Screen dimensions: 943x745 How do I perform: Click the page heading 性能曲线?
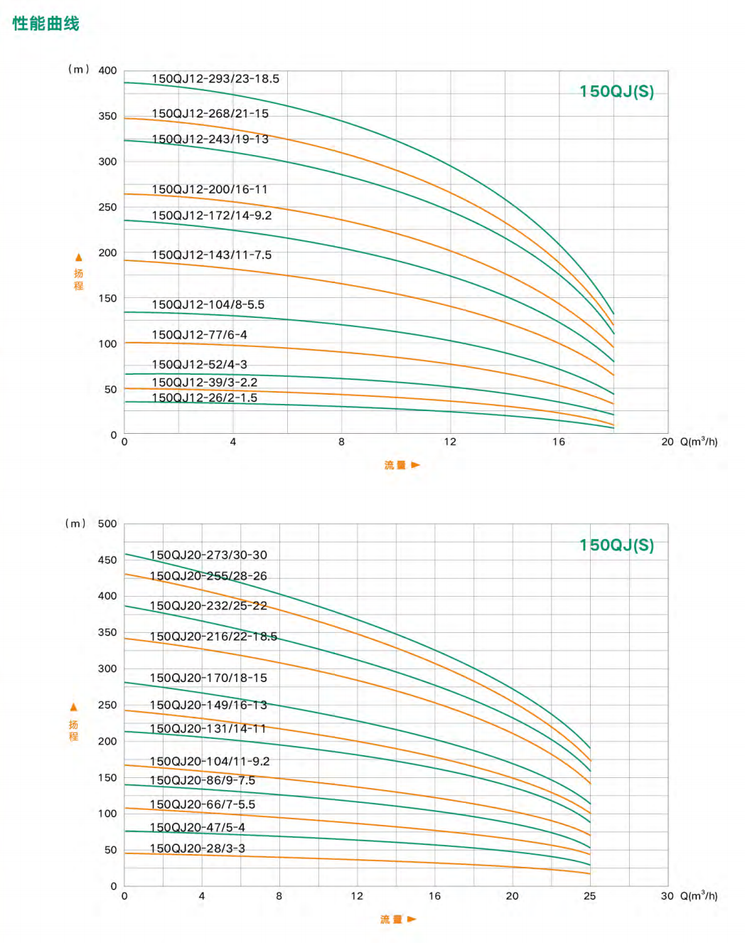point(46,23)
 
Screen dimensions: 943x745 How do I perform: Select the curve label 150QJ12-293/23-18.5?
point(215,79)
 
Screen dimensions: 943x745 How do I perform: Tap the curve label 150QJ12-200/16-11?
point(210,189)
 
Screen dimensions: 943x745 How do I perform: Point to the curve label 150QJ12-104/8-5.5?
point(208,304)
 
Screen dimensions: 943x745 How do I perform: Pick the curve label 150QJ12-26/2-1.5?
point(205,398)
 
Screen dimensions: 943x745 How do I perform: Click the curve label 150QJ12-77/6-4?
point(199,334)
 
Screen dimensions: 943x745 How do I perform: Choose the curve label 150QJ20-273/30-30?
point(208,555)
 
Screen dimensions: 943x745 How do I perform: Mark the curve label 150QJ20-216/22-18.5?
point(213,636)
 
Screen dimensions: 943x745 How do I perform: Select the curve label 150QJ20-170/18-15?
point(208,678)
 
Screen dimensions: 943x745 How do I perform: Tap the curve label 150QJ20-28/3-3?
point(197,848)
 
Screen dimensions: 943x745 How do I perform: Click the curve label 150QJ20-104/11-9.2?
point(210,761)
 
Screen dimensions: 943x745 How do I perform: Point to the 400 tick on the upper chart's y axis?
point(107,70)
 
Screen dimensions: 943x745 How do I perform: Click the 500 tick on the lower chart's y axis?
point(107,523)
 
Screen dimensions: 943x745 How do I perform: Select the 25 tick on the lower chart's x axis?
point(589,896)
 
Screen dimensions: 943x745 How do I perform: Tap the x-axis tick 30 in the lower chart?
point(667,896)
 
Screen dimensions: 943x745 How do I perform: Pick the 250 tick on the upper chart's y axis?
point(107,207)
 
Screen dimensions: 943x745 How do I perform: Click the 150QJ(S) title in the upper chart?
point(616,92)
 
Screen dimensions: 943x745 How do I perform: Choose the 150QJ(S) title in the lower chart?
point(616,545)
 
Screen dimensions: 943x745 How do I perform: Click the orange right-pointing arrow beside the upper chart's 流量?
point(416,465)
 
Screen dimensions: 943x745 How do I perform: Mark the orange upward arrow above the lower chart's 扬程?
point(73,707)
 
